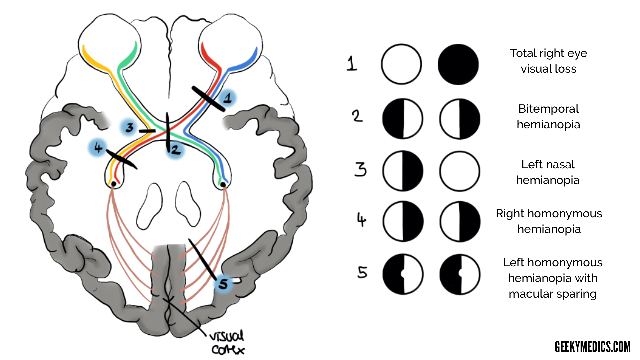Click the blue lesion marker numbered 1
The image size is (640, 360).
pos(228,98)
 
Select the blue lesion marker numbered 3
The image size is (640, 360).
pos(129,127)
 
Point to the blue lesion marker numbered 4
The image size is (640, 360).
pos(98,147)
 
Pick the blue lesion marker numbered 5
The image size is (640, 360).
pos(223,284)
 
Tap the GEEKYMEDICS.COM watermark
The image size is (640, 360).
pos(592,347)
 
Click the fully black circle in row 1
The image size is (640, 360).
pos(458,64)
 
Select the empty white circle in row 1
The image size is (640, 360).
pos(401,64)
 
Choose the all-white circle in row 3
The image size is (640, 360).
pos(459,171)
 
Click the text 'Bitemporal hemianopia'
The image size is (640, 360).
pos(548,116)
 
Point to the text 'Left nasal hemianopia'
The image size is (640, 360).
pos(548,172)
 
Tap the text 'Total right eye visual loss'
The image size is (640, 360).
pos(548,61)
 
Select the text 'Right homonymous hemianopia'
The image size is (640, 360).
pos(549,221)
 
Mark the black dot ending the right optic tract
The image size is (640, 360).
pos(223,184)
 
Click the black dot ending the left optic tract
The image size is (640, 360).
pos(114,184)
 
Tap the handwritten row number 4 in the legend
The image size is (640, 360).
pos(361,220)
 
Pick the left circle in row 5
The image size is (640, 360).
pos(403,274)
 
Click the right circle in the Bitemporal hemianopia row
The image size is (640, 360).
pos(459,119)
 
